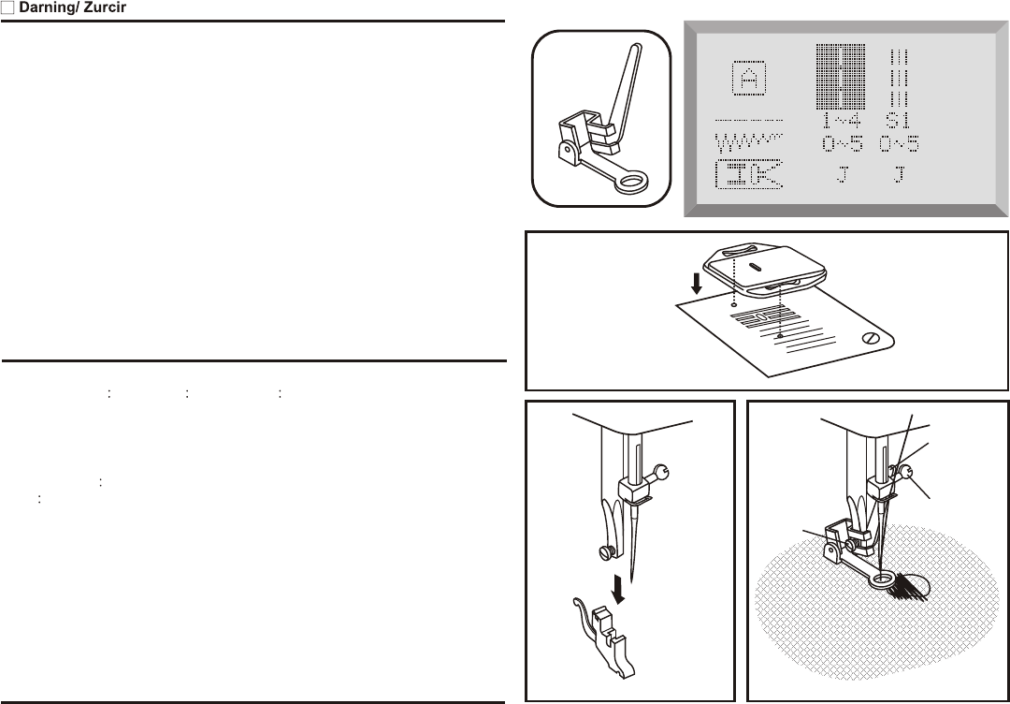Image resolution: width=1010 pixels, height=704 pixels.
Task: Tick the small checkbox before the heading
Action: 7,8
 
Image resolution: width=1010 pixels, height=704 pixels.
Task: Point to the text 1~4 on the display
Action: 841,122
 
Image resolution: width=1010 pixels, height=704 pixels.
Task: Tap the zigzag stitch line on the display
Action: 749,143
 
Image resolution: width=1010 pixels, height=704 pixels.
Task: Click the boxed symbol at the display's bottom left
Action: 748,174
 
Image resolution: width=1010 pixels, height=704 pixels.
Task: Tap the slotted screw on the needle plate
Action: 872,339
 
